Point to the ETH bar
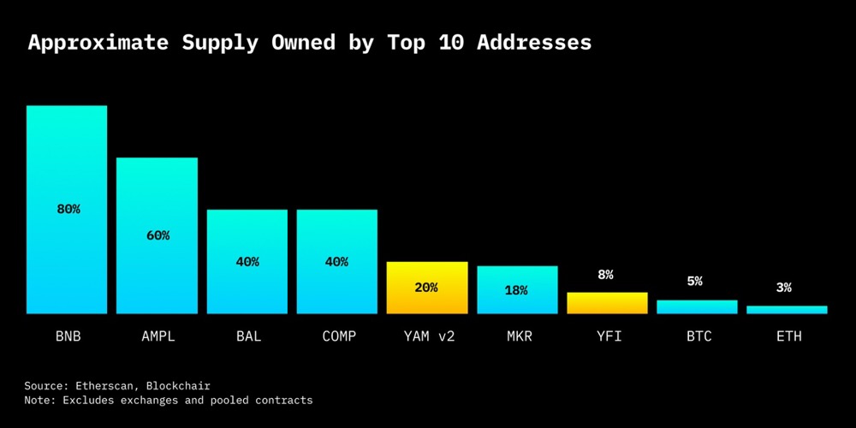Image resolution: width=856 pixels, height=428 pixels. point(787,309)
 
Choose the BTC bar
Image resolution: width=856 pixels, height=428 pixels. point(697,306)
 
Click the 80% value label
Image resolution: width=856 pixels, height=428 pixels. point(68,209)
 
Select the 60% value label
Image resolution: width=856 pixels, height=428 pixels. point(158,235)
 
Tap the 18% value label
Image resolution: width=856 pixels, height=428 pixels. point(516,290)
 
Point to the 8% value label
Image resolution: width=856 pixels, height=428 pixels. point(606,275)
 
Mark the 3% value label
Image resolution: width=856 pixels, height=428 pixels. point(784,288)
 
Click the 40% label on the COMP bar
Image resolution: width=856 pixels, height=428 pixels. point(336,262)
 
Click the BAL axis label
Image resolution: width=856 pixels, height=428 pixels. point(247,336)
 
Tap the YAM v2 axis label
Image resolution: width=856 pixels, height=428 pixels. point(427,336)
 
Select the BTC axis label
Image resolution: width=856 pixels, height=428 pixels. point(697,336)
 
